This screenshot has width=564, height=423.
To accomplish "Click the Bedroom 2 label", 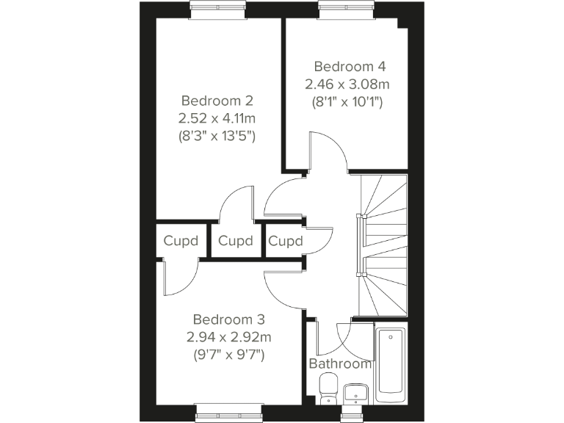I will pos(217,101).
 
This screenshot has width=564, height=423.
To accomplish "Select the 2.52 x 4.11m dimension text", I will pos(217,118).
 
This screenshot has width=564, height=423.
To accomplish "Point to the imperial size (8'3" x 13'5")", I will pos(217,136).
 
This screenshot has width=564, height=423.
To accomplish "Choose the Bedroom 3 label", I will pos(228,320).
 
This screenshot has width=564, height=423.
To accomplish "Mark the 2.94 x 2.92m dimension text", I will pos(228,338).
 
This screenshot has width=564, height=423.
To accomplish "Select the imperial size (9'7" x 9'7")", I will pos(228,355).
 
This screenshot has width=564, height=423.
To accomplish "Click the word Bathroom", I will pos(340,364).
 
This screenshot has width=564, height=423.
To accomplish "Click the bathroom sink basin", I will pos(355,389).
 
